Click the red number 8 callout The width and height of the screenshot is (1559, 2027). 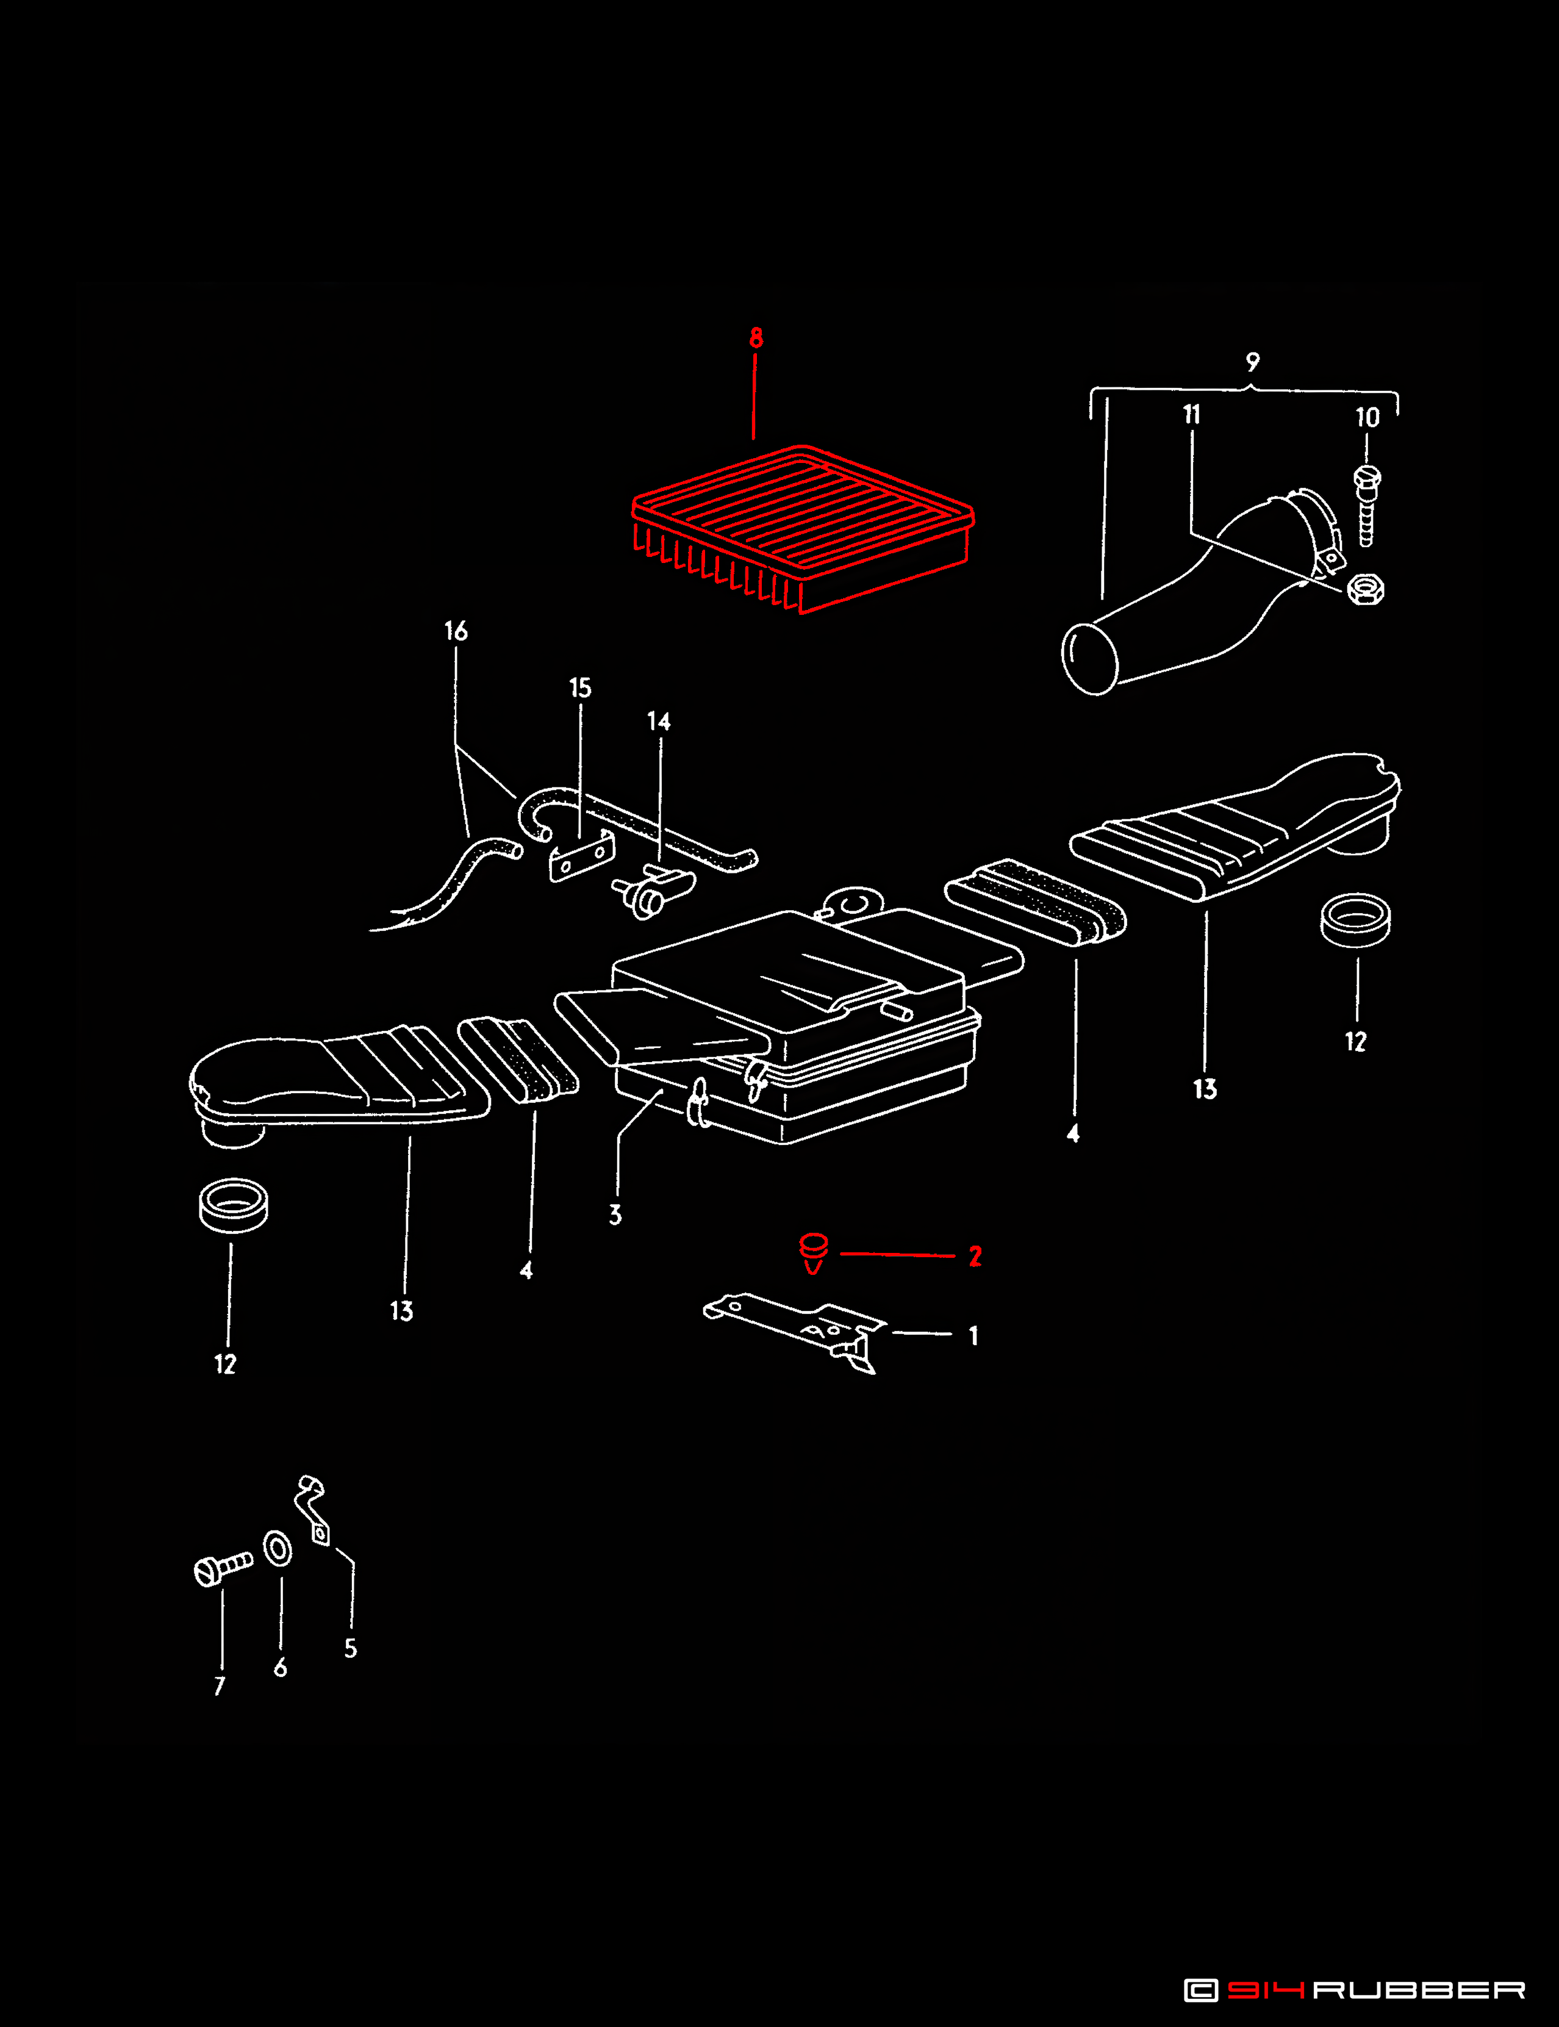756,338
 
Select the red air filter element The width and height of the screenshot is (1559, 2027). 803,528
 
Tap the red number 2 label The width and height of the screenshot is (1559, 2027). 975,1256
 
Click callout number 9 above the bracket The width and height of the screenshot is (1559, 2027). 1253,362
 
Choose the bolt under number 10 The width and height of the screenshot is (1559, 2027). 1367,506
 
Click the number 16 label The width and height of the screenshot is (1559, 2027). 456,631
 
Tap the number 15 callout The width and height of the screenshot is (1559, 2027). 580,687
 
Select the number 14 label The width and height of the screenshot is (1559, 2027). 659,721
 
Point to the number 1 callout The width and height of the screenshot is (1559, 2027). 973,1335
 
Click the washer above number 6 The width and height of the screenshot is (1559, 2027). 278,1549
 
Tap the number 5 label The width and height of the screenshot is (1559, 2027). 351,1648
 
